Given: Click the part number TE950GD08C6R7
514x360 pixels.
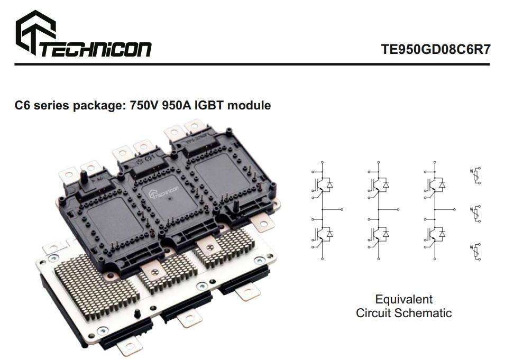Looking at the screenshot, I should click(x=435, y=49).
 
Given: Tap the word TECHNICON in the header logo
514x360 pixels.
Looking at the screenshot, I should click(x=95, y=49).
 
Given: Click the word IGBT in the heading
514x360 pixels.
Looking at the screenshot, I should click(x=211, y=105).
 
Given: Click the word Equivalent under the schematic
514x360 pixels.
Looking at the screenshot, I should click(x=403, y=299).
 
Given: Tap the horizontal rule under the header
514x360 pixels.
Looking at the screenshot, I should click(x=252, y=64).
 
